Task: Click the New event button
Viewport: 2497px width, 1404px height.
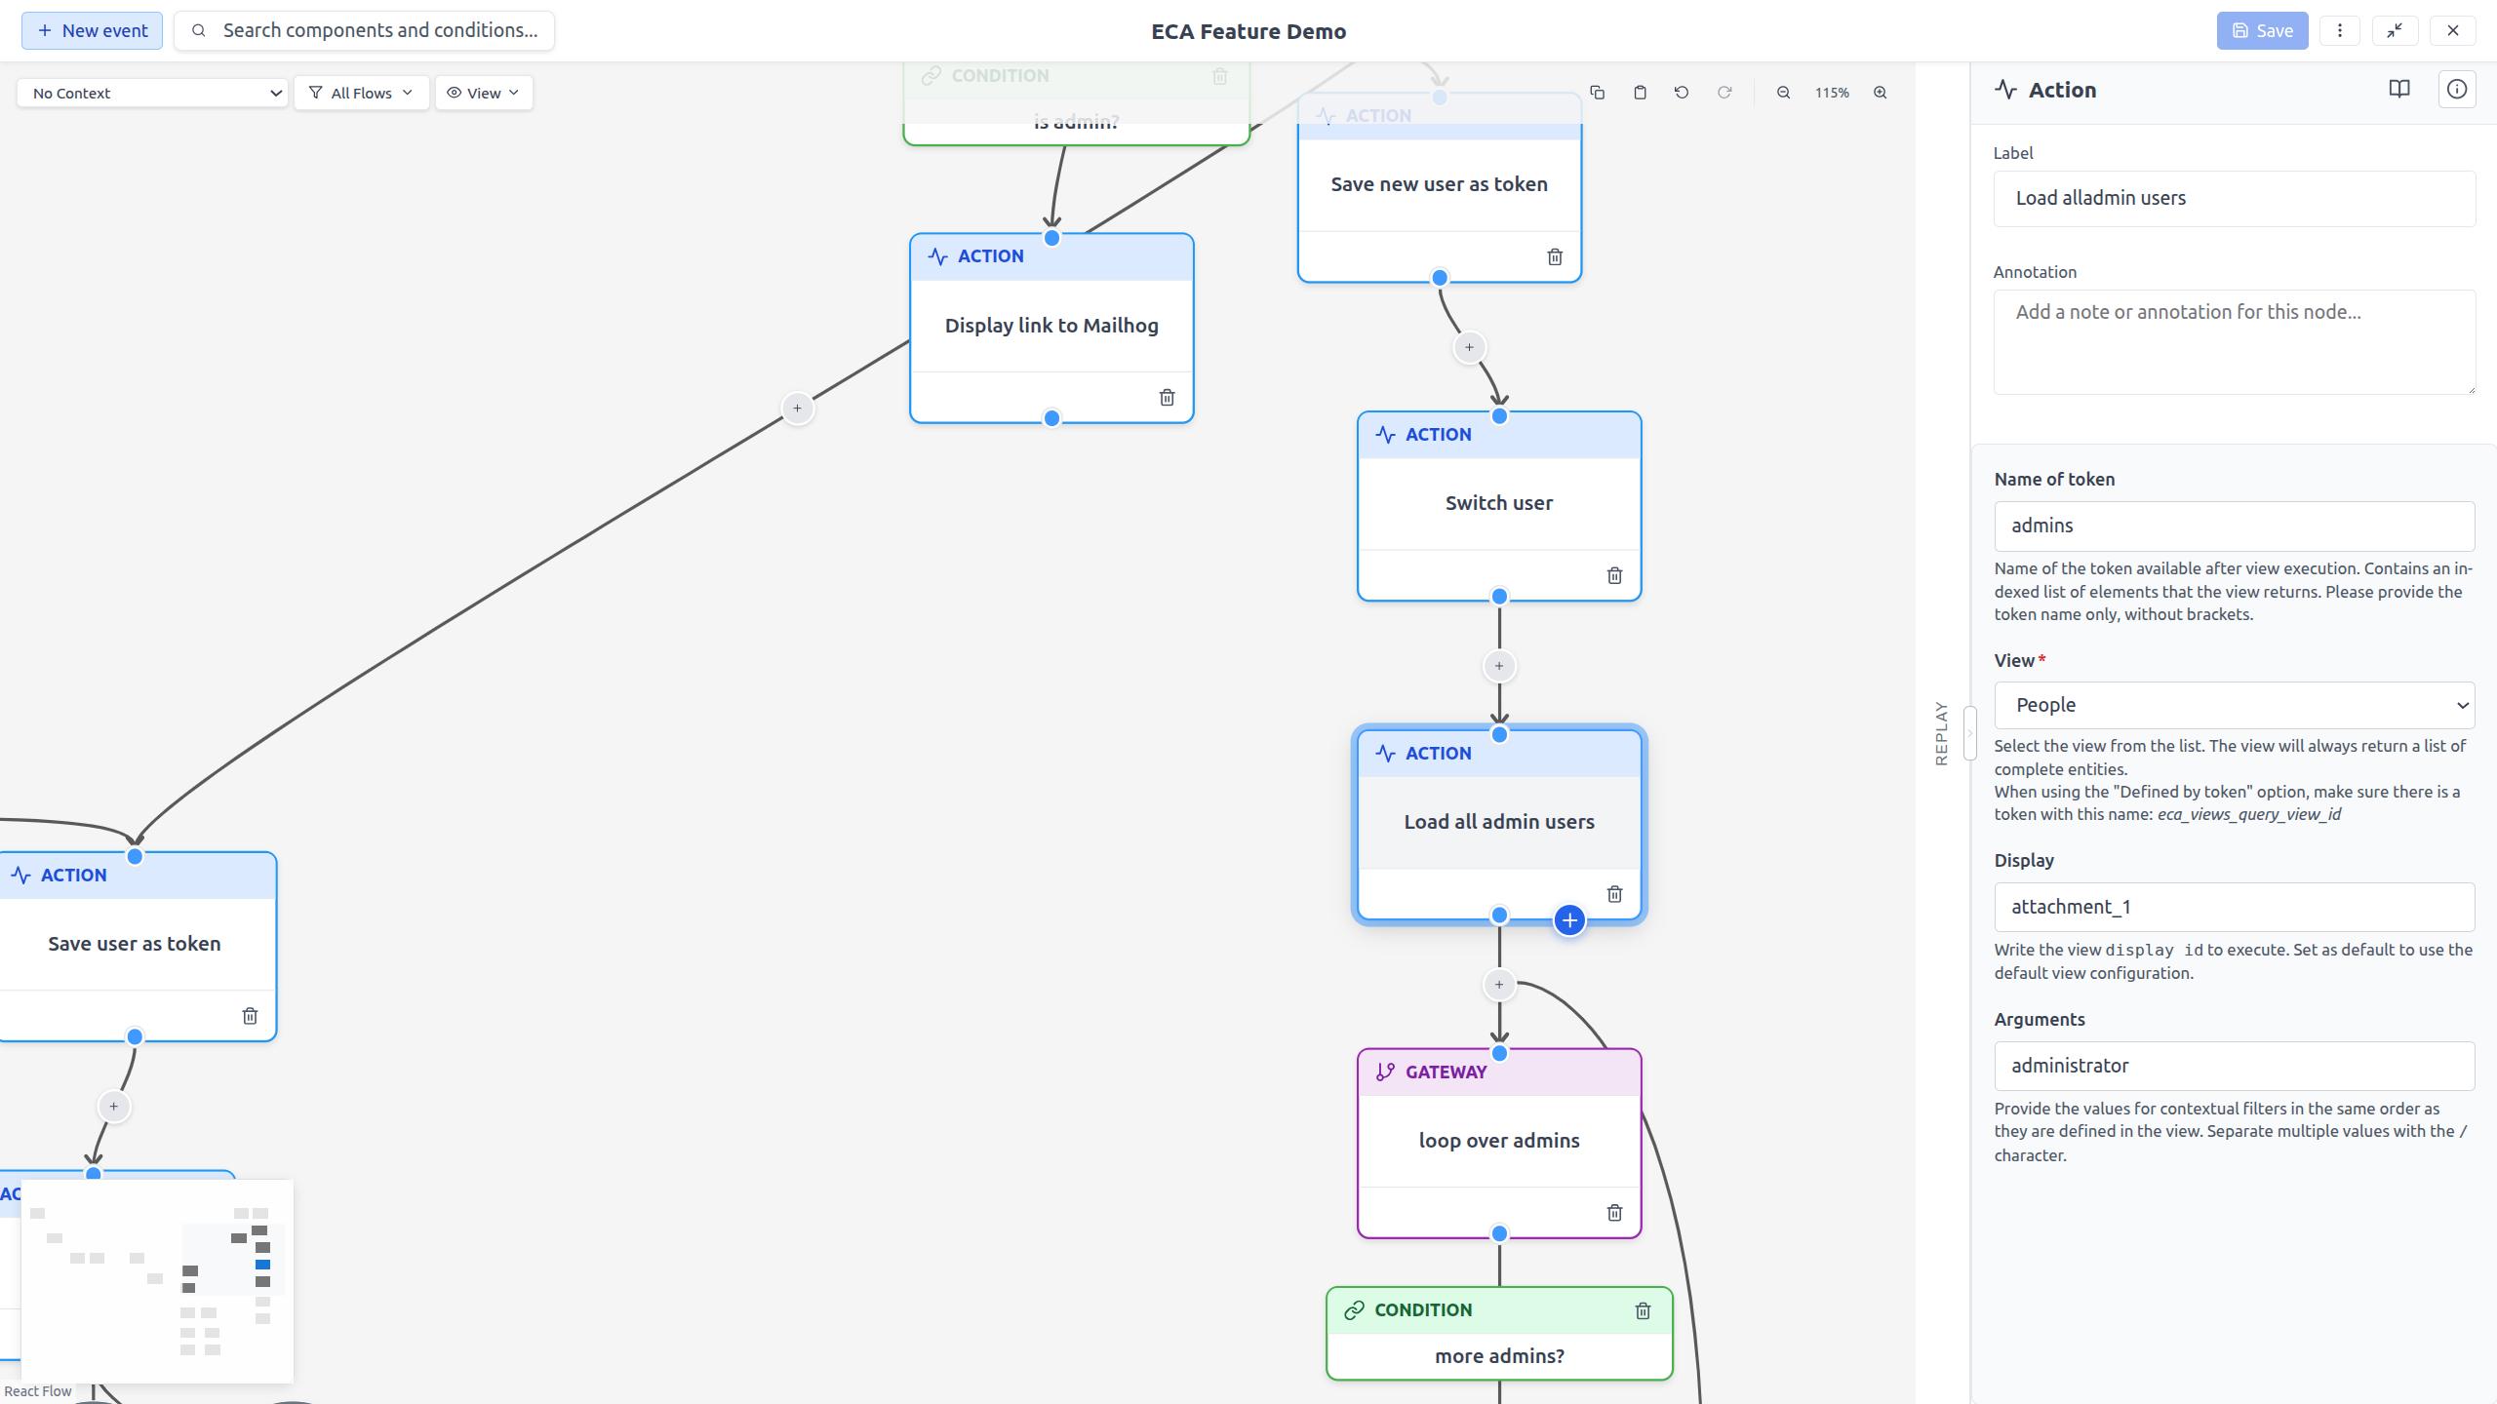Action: point(93,30)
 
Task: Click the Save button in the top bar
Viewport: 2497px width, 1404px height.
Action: point(2261,30)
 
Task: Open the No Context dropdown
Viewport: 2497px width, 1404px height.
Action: point(152,93)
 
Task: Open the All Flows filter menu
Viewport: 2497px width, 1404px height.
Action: point(361,93)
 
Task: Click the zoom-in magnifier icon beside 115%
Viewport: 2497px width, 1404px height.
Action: point(1879,93)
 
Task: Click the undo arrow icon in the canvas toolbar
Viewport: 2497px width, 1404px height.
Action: point(1681,93)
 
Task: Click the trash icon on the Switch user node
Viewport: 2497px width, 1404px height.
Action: point(1614,575)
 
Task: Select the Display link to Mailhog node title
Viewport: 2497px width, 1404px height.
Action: point(1051,326)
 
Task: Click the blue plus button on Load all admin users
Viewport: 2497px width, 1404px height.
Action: point(1568,919)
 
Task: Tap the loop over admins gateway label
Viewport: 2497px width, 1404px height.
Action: point(1498,1140)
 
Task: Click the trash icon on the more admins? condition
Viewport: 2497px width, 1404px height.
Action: point(1642,1310)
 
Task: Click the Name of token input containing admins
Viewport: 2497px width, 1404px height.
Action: point(2234,526)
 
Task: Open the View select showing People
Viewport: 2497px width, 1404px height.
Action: point(2234,705)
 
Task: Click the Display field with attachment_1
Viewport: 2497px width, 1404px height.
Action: point(2234,907)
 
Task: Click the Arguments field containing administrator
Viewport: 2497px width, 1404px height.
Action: point(2234,1066)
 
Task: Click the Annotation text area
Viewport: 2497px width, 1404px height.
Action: point(2234,341)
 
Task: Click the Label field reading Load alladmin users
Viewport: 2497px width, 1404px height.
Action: point(2234,198)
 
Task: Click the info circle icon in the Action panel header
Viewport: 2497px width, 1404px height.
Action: point(2456,90)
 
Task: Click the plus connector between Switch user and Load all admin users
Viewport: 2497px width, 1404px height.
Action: point(1498,666)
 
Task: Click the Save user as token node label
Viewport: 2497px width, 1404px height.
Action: point(135,944)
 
